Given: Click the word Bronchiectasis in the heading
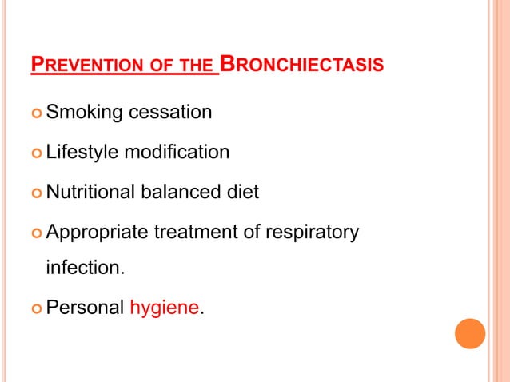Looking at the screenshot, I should [301, 63].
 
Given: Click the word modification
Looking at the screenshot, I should [176, 152].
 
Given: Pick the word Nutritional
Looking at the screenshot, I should [90, 192].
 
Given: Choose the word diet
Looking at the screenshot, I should [243, 192].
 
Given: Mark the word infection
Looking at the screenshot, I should [85, 267].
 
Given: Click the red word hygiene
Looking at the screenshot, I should [163, 308].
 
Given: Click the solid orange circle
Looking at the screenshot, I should [470, 333].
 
